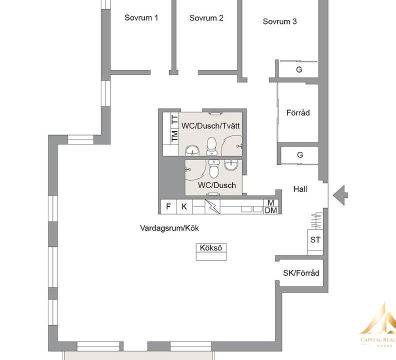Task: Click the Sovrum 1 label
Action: click(x=141, y=17)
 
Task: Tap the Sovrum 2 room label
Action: click(x=206, y=18)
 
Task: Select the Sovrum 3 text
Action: click(x=279, y=21)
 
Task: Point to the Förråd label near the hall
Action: click(x=298, y=112)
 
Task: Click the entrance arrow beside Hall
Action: click(x=340, y=195)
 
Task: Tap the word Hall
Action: click(x=300, y=189)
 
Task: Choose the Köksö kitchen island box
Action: click(x=211, y=252)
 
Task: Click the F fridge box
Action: click(x=168, y=206)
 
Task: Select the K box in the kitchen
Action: click(x=184, y=206)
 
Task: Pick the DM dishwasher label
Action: click(x=270, y=210)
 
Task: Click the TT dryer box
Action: click(x=175, y=120)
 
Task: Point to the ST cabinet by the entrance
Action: click(x=315, y=239)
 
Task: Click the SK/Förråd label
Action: click(x=301, y=273)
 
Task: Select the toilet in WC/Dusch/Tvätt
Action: click(x=211, y=146)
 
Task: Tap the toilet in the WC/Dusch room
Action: click(x=214, y=168)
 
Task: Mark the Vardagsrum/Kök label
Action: click(x=169, y=228)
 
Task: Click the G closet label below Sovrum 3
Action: click(x=299, y=69)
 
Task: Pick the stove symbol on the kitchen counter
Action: click(x=212, y=206)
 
